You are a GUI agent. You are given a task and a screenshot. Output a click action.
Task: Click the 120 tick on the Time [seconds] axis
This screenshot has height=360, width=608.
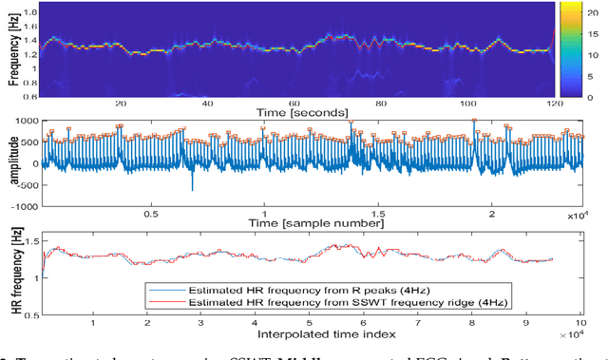coord(554,103)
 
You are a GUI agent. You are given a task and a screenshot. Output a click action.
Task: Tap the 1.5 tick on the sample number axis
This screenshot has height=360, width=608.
coord(377,215)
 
